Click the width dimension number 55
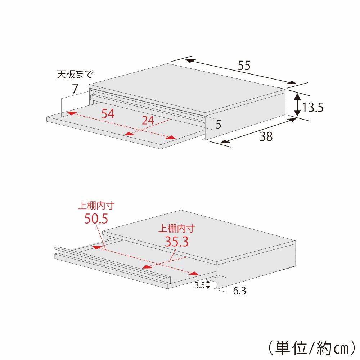(x=244, y=66)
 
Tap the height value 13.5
(x=313, y=107)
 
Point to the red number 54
(x=108, y=114)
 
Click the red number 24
(x=148, y=121)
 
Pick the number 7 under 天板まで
(x=75, y=89)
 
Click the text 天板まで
(x=75, y=75)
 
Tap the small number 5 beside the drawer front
(x=218, y=125)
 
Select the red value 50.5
(x=96, y=219)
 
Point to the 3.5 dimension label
(x=199, y=285)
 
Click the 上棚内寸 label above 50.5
(x=96, y=206)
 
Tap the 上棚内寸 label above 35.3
(x=176, y=229)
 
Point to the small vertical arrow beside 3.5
(x=208, y=285)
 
